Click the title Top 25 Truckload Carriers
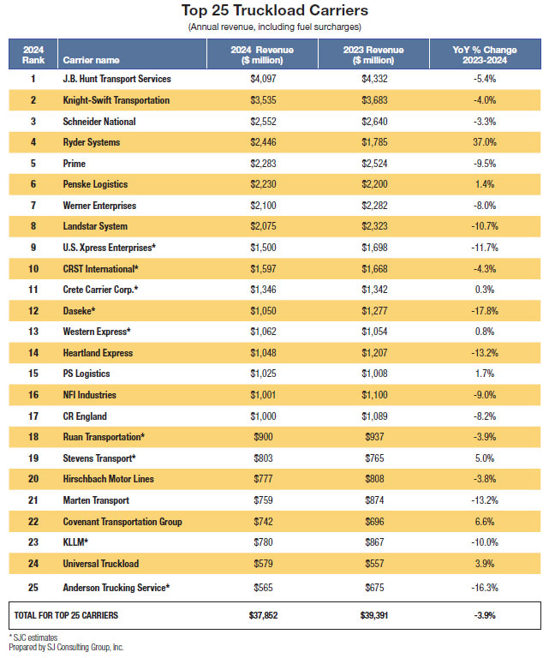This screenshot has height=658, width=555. tap(275, 10)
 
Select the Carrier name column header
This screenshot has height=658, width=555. tap(91, 60)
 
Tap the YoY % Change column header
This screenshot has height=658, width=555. tap(485, 55)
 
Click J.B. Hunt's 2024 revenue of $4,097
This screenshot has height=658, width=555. tap(263, 79)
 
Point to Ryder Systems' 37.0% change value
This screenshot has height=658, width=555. tap(485, 142)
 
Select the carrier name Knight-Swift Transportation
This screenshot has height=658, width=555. tap(116, 100)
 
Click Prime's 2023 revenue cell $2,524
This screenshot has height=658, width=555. tap(374, 164)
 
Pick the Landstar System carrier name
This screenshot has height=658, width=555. tap(95, 226)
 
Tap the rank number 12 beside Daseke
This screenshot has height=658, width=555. tap(33, 311)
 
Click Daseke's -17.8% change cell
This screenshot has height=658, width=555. tap(485, 311)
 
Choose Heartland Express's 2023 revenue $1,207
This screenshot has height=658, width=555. tap(374, 353)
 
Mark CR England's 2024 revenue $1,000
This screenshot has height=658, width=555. tap(263, 416)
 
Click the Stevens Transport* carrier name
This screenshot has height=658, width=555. tap(99, 458)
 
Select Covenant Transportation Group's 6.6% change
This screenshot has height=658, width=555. tap(485, 522)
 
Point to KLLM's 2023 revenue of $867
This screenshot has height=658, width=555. tap(374, 542)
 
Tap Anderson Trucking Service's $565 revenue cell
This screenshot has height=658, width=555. tap(263, 588)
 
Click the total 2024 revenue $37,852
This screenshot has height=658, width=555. tap(263, 615)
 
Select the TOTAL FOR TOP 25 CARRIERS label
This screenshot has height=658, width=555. tap(66, 615)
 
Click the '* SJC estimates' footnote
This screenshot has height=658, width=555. tap(33, 637)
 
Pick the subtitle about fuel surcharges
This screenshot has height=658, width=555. tap(275, 27)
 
